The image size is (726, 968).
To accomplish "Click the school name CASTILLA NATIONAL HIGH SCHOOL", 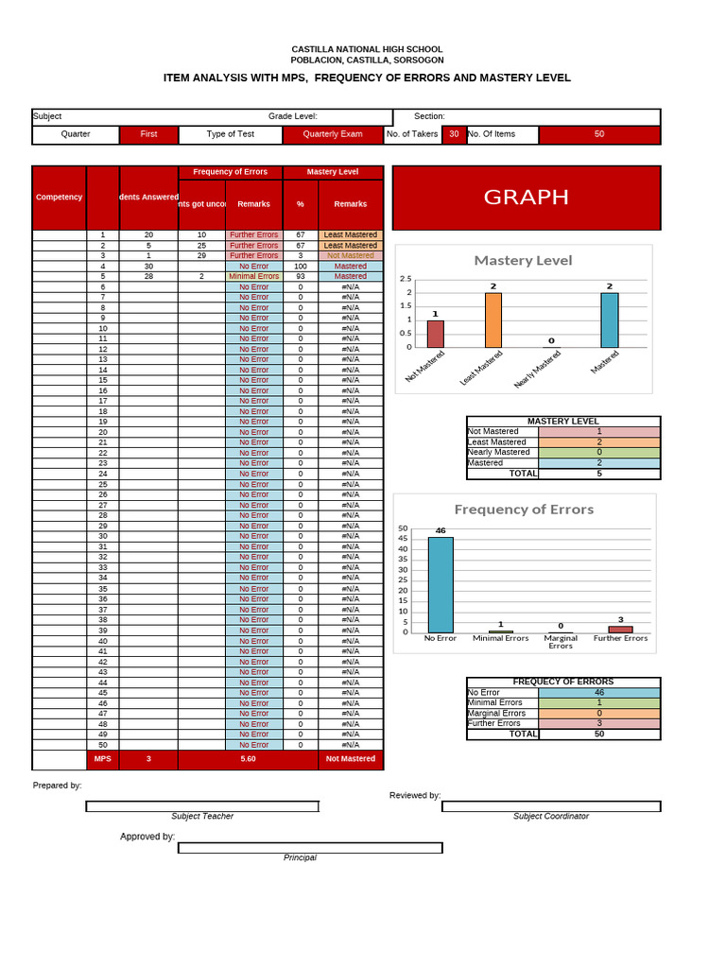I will [x=366, y=49].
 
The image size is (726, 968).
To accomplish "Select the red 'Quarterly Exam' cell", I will [x=332, y=134].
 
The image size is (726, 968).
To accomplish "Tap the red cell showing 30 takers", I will [x=454, y=134].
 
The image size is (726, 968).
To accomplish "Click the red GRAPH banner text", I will [x=526, y=197].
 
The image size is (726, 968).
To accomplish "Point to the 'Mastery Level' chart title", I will [x=523, y=260].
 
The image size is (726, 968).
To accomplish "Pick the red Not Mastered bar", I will [x=435, y=335].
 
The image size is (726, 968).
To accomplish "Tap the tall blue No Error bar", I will [x=441, y=585].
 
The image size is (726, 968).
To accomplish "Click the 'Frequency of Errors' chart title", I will [x=524, y=510].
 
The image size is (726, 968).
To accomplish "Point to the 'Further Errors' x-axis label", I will [x=620, y=638].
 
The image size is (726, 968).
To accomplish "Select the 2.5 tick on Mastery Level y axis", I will [x=406, y=279].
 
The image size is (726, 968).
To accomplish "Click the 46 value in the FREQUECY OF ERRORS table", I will [x=598, y=693].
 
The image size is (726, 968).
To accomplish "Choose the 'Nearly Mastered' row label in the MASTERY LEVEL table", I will [x=499, y=453].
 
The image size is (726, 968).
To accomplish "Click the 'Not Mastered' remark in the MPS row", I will [x=351, y=759].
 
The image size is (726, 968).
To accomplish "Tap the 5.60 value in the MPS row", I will [x=249, y=759].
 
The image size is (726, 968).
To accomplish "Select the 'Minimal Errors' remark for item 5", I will [x=253, y=277].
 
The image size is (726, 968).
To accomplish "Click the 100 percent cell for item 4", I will [x=301, y=267].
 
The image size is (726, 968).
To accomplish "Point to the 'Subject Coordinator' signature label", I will [x=550, y=816].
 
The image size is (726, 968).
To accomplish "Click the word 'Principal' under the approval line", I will [x=300, y=857].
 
